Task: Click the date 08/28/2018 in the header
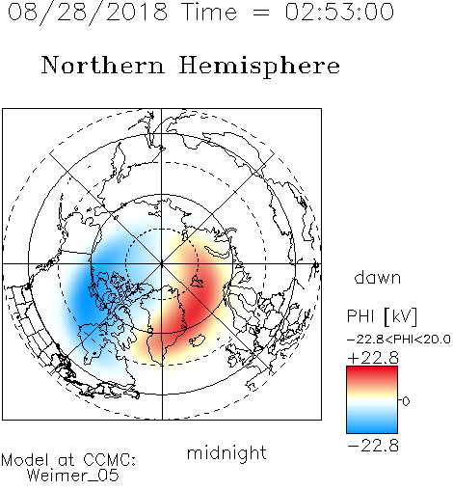[88, 13]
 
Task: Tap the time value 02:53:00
[339, 12]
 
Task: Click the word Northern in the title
[103, 66]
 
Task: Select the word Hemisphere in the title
[259, 67]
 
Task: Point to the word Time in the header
[209, 12]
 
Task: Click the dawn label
[378, 278]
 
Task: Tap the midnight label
[226, 454]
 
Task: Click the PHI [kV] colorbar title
[382, 316]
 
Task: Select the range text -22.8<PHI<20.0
[399, 340]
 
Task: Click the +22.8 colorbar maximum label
[373, 358]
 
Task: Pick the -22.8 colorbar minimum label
[373, 446]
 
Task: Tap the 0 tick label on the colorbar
[406, 401]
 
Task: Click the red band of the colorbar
[372, 373]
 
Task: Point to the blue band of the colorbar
[372, 424]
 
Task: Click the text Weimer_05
[73, 476]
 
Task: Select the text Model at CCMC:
[68, 460]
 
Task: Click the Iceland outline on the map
[197, 340]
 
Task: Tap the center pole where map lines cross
[162, 263]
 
